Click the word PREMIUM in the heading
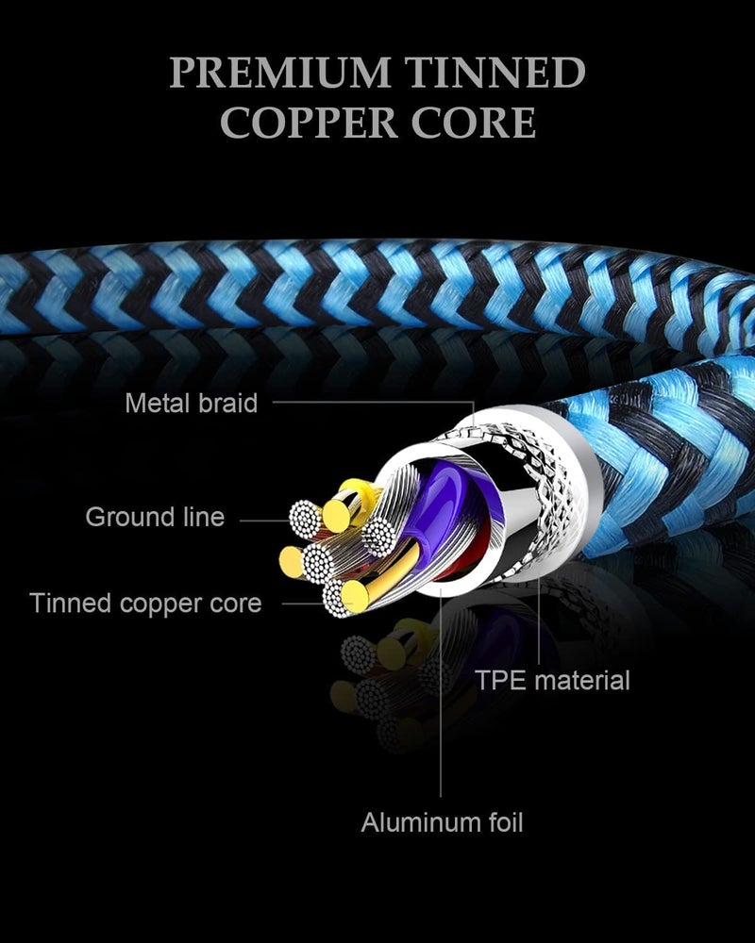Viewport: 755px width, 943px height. (x=280, y=73)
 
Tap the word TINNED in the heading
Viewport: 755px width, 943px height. (x=495, y=73)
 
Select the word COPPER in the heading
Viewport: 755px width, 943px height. (x=309, y=122)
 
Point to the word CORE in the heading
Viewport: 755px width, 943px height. (x=473, y=122)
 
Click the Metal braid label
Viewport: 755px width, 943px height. (x=192, y=403)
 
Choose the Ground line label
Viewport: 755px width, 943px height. (x=156, y=517)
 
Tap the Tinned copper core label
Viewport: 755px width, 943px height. (x=145, y=604)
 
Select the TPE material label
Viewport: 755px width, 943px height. (x=553, y=680)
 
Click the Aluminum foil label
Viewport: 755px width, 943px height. (x=442, y=822)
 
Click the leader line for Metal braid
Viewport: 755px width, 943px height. (x=374, y=402)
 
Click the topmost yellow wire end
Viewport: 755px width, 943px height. (x=336, y=516)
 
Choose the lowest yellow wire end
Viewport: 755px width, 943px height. (x=355, y=595)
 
